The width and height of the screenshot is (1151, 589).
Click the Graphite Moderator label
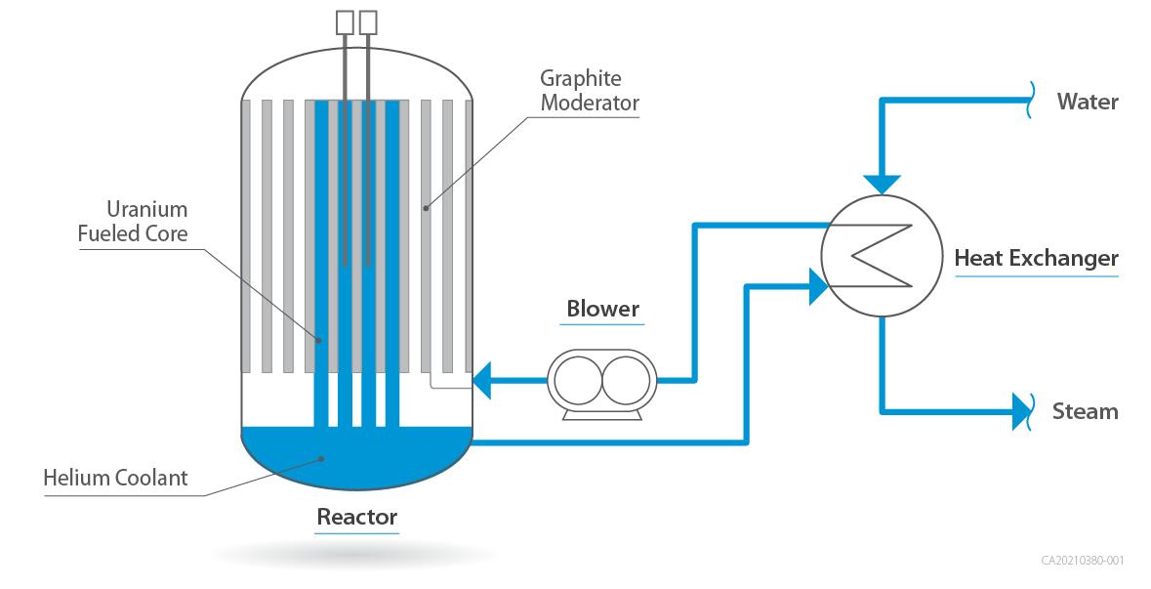(x=588, y=90)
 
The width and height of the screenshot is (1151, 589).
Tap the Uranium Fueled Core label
(x=133, y=222)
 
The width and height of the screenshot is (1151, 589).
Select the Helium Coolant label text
(x=115, y=479)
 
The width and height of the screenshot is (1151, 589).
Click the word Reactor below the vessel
(x=356, y=516)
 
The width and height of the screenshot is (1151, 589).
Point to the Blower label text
(x=602, y=309)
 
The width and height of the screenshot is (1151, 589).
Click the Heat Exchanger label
(x=1036, y=259)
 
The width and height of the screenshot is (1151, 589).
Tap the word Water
(x=1088, y=102)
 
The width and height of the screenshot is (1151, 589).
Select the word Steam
(x=1085, y=411)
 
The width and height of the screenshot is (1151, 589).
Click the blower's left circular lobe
(x=575, y=379)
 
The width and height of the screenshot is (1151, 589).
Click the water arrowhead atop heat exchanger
(x=882, y=182)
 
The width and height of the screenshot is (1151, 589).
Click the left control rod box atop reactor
(x=345, y=22)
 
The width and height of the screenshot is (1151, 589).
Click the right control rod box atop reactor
(x=368, y=22)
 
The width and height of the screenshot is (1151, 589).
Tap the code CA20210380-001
(x=1083, y=561)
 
